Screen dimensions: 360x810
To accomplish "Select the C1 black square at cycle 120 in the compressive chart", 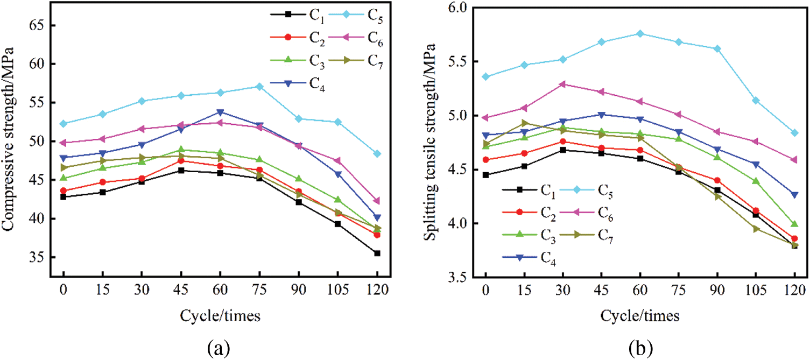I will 377,253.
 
